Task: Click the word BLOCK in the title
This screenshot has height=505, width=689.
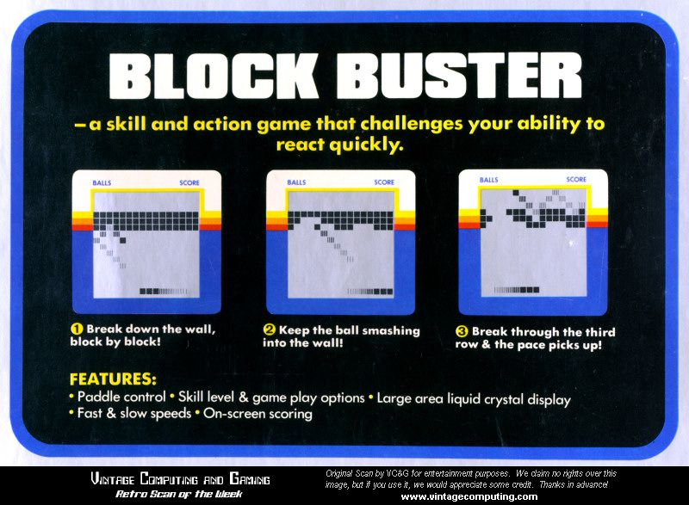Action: [x=214, y=76]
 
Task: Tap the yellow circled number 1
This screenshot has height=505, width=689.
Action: [x=77, y=329]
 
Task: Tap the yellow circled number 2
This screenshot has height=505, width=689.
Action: [x=269, y=330]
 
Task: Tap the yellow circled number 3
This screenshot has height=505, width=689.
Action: [x=462, y=332]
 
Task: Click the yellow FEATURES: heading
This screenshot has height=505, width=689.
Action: [x=113, y=379]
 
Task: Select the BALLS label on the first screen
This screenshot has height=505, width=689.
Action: [x=102, y=182]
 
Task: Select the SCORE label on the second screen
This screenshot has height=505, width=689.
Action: [x=384, y=182]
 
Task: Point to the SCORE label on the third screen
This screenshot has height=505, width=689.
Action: [x=576, y=180]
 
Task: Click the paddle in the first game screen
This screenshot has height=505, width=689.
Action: [x=164, y=292]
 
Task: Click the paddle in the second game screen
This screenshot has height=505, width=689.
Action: [x=370, y=292]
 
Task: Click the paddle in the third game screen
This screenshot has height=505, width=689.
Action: [x=517, y=290]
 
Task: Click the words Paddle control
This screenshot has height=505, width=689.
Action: [x=121, y=397]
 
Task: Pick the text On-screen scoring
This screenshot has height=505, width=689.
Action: [x=258, y=413]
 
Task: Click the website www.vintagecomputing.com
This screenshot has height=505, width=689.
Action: [x=469, y=496]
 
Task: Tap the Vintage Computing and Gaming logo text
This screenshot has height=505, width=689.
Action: [x=180, y=478]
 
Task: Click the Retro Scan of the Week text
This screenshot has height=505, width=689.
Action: [x=179, y=494]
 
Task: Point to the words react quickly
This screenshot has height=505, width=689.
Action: [x=339, y=145]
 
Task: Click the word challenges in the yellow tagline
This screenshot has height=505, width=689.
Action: [x=412, y=124]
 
